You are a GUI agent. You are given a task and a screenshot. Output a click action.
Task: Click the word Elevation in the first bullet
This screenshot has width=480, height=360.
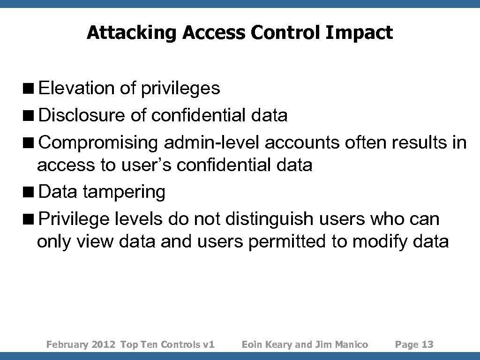click(76, 88)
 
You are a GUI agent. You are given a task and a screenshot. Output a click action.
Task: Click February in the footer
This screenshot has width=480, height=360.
click(67, 345)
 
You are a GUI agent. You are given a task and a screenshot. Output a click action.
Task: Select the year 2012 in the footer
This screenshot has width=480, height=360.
click(104, 345)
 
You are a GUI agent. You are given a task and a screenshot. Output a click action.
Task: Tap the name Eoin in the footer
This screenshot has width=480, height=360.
click(251, 345)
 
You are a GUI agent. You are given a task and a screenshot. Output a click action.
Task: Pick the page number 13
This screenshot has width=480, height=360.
click(427, 345)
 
